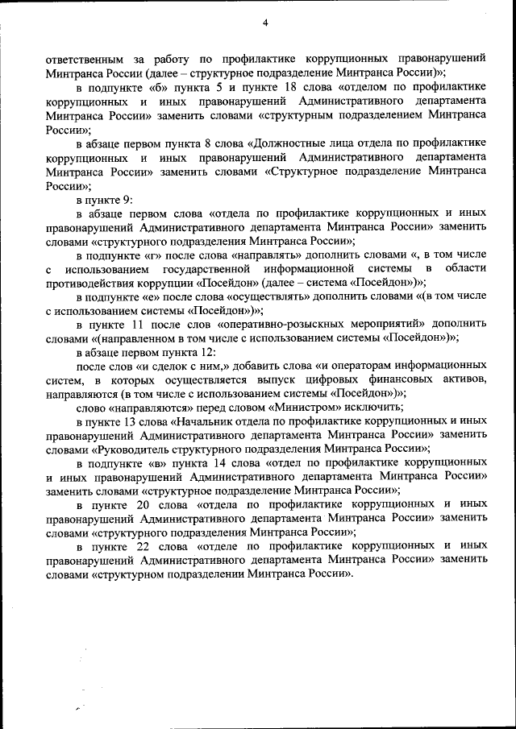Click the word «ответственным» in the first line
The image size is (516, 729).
[x=85, y=59]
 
